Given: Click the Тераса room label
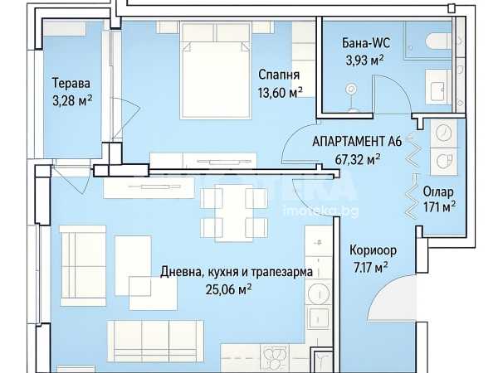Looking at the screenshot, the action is click(x=71, y=83).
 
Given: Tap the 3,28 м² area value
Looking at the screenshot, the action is click(x=72, y=101).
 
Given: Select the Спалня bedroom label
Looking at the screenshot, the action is click(x=279, y=75).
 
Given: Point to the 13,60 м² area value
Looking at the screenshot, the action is click(x=281, y=92).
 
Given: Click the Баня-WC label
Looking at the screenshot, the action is click(x=366, y=43).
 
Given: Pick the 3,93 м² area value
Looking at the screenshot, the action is click(x=365, y=60).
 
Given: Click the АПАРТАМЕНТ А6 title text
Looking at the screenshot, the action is click(x=357, y=142).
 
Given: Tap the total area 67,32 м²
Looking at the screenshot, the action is click(x=358, y=159).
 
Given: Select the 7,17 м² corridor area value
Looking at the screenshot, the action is click(x=370, y=268).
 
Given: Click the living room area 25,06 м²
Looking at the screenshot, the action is click(x=229, y=289).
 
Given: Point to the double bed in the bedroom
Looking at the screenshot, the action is click(x=216, y=70).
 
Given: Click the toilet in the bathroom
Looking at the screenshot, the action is click(x=438, y=41).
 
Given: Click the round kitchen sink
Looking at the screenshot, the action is click(x=319, y=294).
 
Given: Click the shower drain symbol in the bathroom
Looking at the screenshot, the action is click(x=351, y=90).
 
